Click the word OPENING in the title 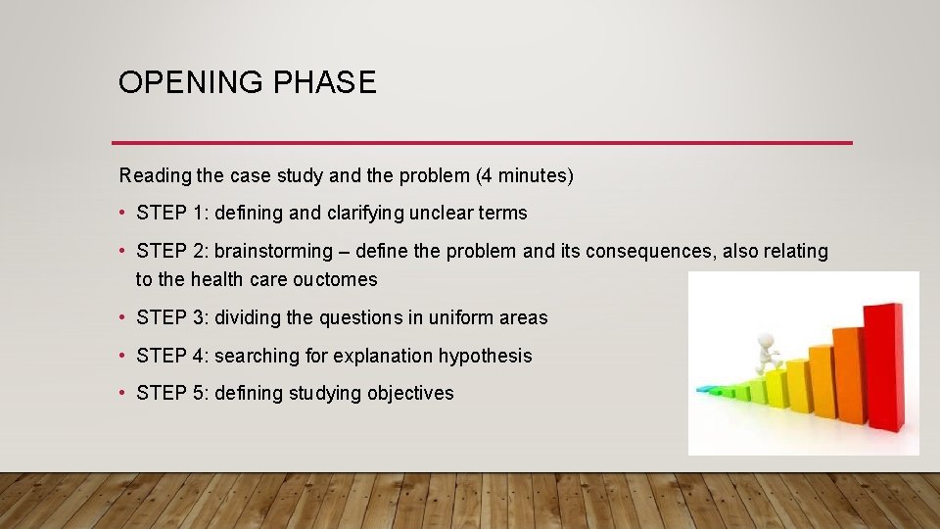(177, 82)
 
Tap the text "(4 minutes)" (525, 176)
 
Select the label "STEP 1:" (172, 213)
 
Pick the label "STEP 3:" (172, 317)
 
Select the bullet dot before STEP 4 (123, 356)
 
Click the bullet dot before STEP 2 (123, 251)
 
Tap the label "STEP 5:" (172, 393)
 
